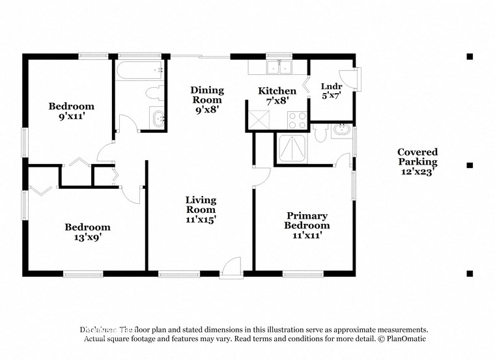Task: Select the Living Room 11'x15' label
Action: point(201,210)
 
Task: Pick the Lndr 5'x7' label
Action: point(331,90)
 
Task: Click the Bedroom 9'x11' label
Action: point(72,111)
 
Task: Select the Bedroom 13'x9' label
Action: point(87,232)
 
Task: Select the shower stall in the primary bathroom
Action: point(292,148)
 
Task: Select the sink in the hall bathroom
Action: point(158,118)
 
